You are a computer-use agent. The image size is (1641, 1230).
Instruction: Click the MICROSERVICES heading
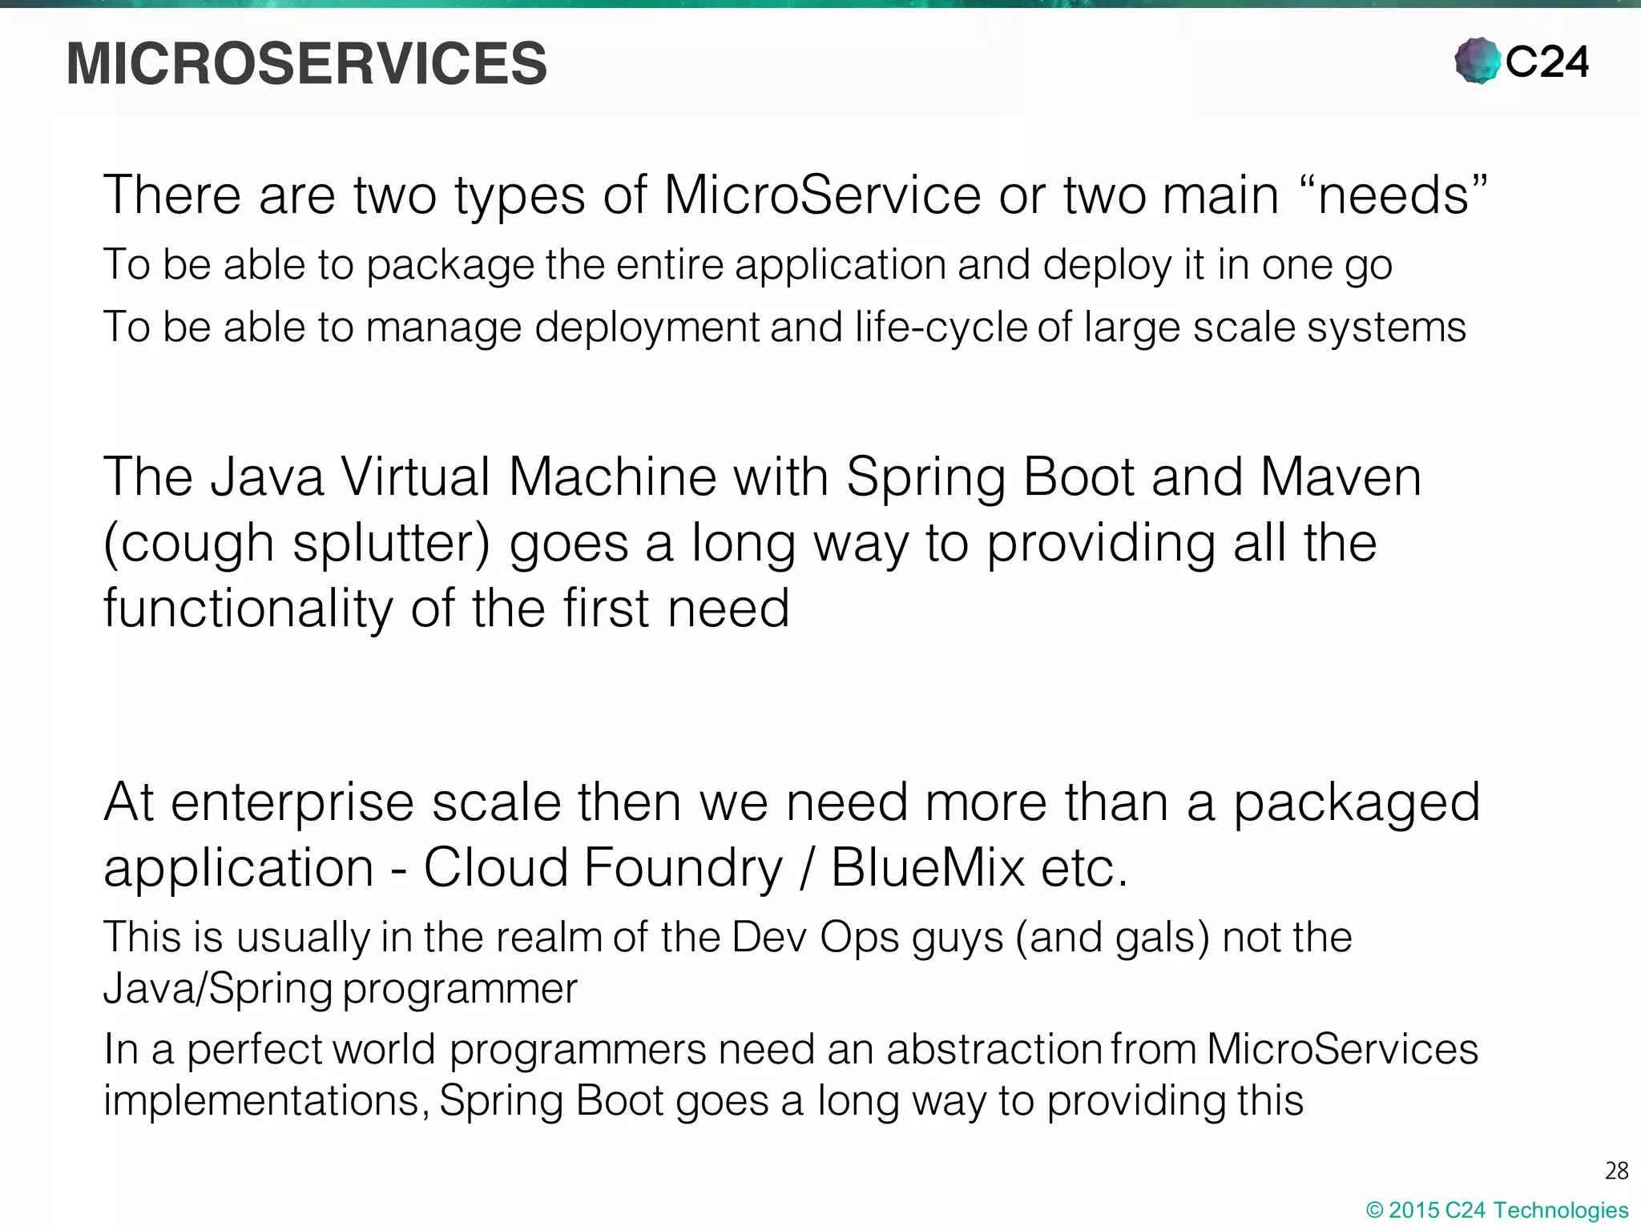pyautogui.click(x=306, y=63)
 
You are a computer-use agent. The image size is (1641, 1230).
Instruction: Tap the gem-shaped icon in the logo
pyautogui.click(x=1478, y=61)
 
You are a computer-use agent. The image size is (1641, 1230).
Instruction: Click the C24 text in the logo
pyautogui.click(x=1547, y=62)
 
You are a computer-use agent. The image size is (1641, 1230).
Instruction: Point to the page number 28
pyautogui.click(x=1616, y=1171)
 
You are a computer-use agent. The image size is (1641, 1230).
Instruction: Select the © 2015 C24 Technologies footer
pyautogui.click(x=1497, y=1210)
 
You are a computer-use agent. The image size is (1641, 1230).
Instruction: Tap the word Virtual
pyautogui.click(x=415, y=476)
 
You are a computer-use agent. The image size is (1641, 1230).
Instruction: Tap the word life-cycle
pyautogui.click(x=941, y=327)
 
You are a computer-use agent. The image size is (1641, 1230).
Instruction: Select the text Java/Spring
pyautogui.click(x=217, y=988)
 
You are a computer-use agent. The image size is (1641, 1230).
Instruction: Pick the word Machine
pyautogui.click(x=612, y=476)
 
